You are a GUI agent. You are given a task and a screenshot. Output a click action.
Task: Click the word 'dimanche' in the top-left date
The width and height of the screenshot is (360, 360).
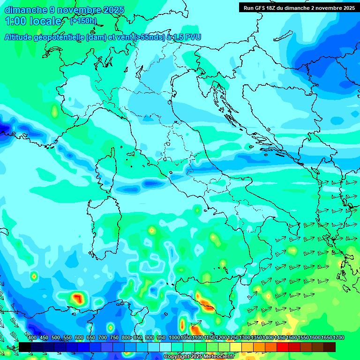pyautogui.click(x=25, y=10)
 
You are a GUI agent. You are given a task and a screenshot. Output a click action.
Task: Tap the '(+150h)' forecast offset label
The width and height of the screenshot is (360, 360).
pyautogui.click(x=83, y=21)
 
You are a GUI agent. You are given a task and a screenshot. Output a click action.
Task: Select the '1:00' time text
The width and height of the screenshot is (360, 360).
pyautogui.click(x=15, y=21)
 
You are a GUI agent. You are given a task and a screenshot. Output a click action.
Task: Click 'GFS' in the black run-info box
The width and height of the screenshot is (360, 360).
pyautogui.click(x=263, y=8)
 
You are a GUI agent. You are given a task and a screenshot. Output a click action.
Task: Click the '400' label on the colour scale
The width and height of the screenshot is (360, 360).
pyautogui.click(x=32, y=337)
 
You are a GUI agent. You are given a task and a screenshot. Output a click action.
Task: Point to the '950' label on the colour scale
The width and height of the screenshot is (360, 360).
pyautogui.click(x=161, y=337)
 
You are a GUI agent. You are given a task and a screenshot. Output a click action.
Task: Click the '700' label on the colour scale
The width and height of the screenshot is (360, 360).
pyautogui.click(x=102, y=337)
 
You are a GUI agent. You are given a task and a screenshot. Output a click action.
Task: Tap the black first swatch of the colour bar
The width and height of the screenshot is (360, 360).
pyautogui.click(x=24, y=347)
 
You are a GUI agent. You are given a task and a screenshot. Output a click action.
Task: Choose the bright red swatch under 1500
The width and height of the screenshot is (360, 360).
pyautogui.click(x=283, y=347)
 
